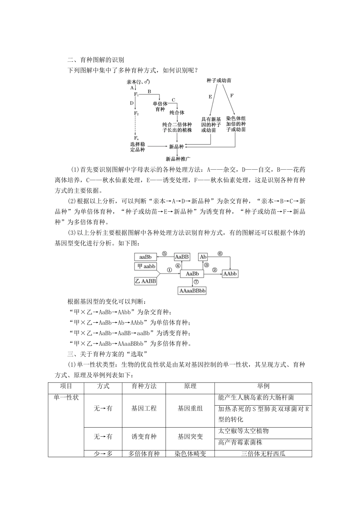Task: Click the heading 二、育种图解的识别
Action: [x=95, y=60]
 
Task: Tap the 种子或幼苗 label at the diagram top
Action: [x=219, y=81]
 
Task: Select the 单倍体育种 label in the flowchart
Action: [x=160, y=106]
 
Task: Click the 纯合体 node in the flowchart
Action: [x=177, y=112]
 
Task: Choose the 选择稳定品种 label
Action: [x=138, y=147]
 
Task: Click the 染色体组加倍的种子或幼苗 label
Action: [x=236, y=124]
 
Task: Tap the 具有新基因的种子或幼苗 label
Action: [x=211, y=125]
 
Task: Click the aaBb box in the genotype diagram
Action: [x=145, y=257]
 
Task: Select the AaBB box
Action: [x=182, y=257]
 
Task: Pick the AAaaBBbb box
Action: [x=192, y=291]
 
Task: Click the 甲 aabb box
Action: [x=145, y=266]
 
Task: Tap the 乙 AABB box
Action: [x=145, y=281]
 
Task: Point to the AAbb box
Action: [x=230, y=273]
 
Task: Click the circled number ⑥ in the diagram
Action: [x=220, y=254]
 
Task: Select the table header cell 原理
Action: [x=190, y=386]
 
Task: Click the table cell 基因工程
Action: [x=144, y=408]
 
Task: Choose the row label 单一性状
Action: [x=66, y=398]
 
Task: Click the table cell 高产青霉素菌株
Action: [x=240, y=442]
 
